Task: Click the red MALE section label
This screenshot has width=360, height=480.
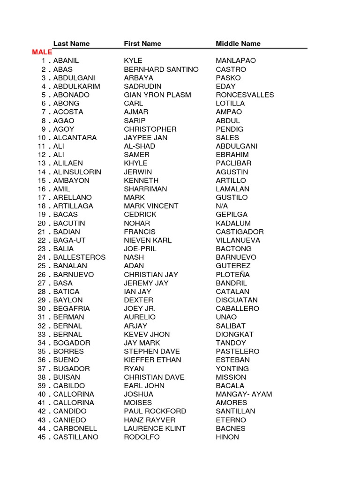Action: point(42,52)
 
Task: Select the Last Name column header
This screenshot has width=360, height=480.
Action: point(71,44)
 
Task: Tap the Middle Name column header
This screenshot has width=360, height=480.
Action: point(238,44)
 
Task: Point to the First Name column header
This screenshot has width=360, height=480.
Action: point(142,44)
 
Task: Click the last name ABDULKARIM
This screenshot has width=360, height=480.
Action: point(76,86)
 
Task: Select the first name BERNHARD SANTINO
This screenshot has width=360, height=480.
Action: point(161,69)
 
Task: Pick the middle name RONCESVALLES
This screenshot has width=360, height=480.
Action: point(245,95)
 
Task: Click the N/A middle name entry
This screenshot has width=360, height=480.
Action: point(222,206)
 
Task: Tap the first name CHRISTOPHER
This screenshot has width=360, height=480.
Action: point(150,129)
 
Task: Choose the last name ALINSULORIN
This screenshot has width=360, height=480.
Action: point(77,172)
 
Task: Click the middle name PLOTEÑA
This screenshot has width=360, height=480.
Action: point(233,274)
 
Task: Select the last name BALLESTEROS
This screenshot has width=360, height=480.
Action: point(79,257)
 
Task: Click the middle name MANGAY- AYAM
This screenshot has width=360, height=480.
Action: point(244,394)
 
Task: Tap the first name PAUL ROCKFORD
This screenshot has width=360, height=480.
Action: point(155,411)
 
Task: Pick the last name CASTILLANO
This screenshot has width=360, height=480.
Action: point(76,437)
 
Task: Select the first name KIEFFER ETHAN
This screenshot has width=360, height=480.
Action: point(152,360)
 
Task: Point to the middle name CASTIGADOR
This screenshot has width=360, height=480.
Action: point(240,232)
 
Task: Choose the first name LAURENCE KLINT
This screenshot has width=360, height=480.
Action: point(155,428)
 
